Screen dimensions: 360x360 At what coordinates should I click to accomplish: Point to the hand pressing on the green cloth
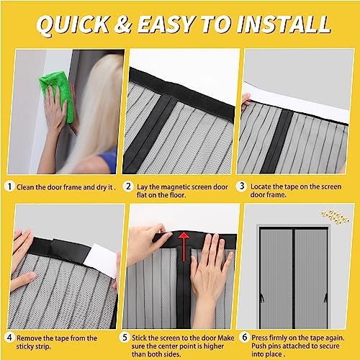[x=55, y=112]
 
